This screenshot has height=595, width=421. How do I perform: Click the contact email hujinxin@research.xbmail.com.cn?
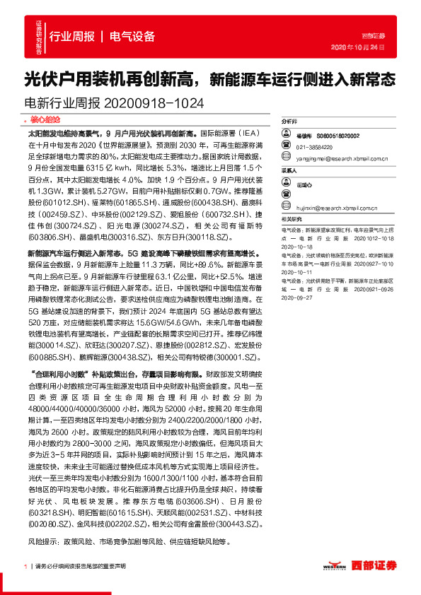click(327, 208)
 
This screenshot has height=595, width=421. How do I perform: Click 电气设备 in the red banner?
click(132, 37)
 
